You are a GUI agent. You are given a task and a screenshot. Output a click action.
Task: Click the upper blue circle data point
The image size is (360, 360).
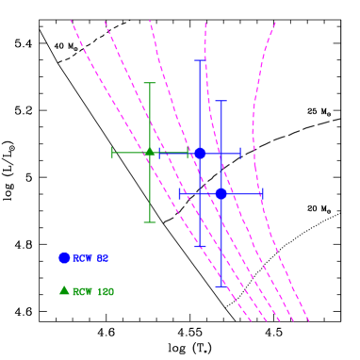tap(200, 153)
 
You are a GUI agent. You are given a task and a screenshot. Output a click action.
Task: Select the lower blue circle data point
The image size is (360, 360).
tap(221, 193)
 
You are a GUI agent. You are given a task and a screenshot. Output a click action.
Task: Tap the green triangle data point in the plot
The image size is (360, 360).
tap(149, 152)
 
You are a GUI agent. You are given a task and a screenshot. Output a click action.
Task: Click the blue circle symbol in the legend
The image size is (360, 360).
tap(64, 257)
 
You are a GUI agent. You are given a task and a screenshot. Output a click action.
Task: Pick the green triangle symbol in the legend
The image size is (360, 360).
tap(64, 290)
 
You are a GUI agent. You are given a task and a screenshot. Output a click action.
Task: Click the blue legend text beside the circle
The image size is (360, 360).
tap(91, 258)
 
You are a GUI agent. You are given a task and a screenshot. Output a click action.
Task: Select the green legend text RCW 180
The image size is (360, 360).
tap(93, 292)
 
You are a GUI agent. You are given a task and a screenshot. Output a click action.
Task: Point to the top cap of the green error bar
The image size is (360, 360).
tap(149, 83)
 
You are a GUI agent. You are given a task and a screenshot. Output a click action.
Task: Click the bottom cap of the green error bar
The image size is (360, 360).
tap(149, 222)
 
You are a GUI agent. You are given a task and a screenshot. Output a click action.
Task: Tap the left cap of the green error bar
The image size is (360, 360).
tap(112, 153)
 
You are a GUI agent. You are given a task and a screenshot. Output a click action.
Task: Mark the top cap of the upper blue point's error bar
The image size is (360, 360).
tap(200, 61)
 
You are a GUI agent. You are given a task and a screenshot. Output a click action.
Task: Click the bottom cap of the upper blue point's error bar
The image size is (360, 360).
tap(200, 247)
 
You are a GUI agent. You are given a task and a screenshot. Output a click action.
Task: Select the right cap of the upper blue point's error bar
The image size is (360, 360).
tap(240, 153)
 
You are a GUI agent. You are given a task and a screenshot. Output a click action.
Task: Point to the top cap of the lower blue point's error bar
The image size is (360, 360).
tap(221, 101)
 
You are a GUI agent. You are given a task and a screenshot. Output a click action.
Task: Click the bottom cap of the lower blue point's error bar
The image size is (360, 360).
tap(221, 286)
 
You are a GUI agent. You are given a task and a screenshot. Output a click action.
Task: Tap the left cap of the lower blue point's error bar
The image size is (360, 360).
tap(181, 193)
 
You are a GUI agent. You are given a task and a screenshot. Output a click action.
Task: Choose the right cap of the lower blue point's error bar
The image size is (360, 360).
tap(261, 193)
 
